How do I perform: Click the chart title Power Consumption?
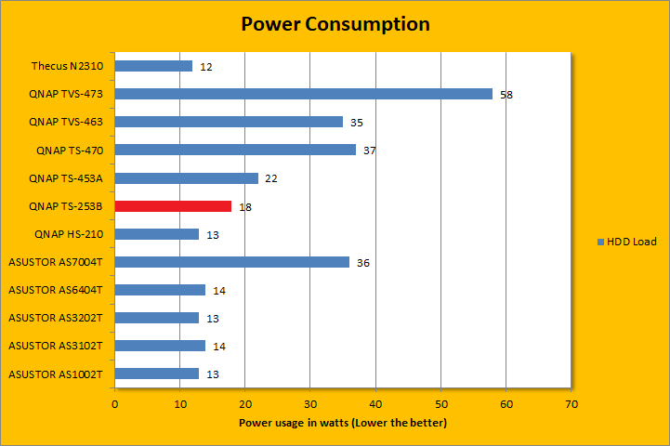pos(335,24)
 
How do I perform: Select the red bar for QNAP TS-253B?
pos(173,206)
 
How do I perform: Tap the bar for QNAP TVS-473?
pos(304,94)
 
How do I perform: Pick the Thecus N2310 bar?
pos(153,66)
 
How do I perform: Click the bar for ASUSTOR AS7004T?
pos(231,262)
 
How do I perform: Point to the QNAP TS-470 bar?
pos(235,150)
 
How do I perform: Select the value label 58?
pos(506,95)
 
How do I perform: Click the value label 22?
pos(271,178)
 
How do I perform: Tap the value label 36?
pos(363,263)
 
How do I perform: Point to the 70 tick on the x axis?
pos(571,404)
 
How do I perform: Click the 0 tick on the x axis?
pos(114,404)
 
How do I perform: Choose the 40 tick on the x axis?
pos(375,404)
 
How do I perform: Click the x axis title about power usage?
pos(343,424)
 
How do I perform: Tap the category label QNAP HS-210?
pos(68,234)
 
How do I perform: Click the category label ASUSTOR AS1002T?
pos(55,374)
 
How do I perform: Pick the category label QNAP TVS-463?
pos(66,122)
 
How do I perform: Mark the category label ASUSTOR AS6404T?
pos(55,290)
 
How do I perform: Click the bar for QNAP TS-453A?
pos(186,178)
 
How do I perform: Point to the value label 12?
pos(206,67)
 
